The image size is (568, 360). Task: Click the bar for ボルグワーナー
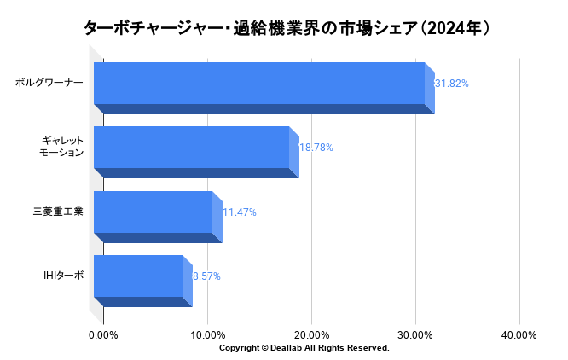[259, 84]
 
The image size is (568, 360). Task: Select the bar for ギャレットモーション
[191, 148]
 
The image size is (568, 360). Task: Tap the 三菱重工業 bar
[153, 212]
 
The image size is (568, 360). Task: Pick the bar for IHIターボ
[138, 276]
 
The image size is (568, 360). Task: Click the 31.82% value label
[452, 84]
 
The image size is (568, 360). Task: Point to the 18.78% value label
[316, 148]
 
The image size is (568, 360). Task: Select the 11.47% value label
[239, 212]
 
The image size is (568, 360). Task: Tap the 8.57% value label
[206, 276]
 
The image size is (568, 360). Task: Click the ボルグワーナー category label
[49, 84]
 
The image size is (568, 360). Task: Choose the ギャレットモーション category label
[62, 147]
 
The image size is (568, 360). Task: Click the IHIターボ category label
[64, 276]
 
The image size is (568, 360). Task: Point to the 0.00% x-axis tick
[103, 335]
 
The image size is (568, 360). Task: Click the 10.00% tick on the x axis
[207, 335]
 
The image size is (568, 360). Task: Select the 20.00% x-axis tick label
[311, 335]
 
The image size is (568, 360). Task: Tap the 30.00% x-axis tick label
[415, 335]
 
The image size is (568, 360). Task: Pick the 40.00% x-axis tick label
[519, 335]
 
